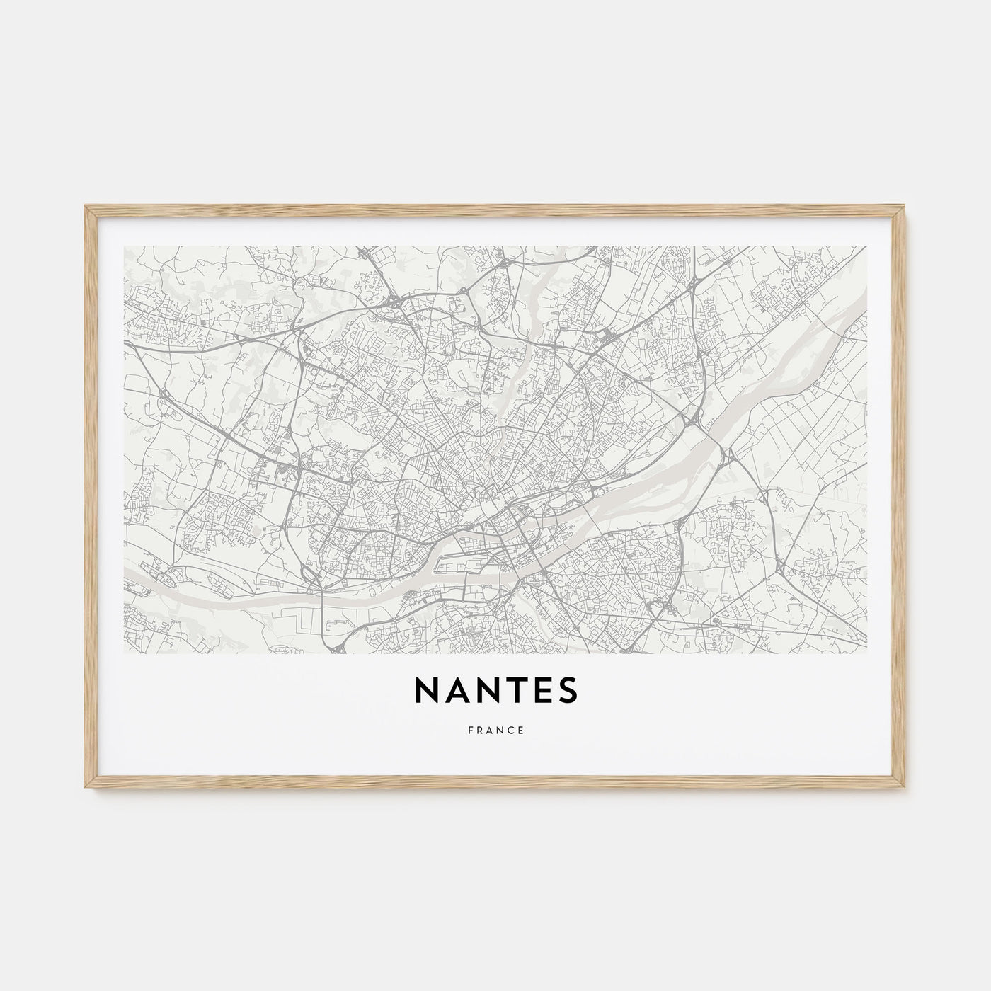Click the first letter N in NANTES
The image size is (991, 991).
pyautogui.click(x=427, y=692)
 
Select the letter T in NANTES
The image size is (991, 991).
pyautogui.click(x=517, y=692)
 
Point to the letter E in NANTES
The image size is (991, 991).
pyautogui.click(x=542, y=692)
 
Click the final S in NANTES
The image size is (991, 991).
pyautogui.click(x=568, y=692)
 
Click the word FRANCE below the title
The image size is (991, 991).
pyautogui.click(x=495, y=731)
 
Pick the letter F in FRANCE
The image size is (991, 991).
pyautogui.click(x=469, y=731)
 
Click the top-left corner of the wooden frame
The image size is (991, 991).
pyautogui.click(x=85, y=206)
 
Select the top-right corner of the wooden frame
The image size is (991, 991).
pyautogui.click(x=906, y=206)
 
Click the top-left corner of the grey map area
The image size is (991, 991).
pyautogui.click(x=124, y=246)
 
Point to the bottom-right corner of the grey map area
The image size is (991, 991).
pyautogui.click(x=866, y=653)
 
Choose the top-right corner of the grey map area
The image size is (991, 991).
pyautogui.click(x=866, y=246)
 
